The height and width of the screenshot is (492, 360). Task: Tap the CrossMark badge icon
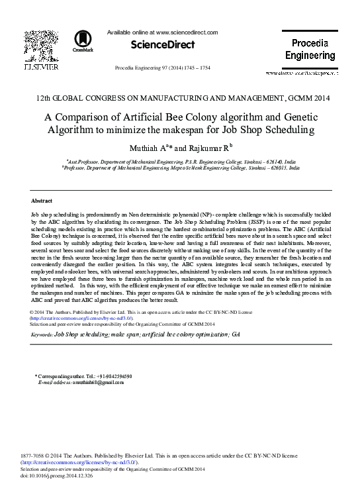83,41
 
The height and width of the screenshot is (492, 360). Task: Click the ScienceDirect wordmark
163,45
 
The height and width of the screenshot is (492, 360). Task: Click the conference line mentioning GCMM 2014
179,98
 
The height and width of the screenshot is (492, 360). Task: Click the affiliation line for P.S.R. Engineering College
179,161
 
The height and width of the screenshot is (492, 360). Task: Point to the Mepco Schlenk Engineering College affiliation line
181,169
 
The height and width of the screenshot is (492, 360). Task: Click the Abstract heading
42,200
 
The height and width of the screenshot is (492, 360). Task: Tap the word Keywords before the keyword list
42,335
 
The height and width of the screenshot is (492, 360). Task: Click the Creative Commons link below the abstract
82,318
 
